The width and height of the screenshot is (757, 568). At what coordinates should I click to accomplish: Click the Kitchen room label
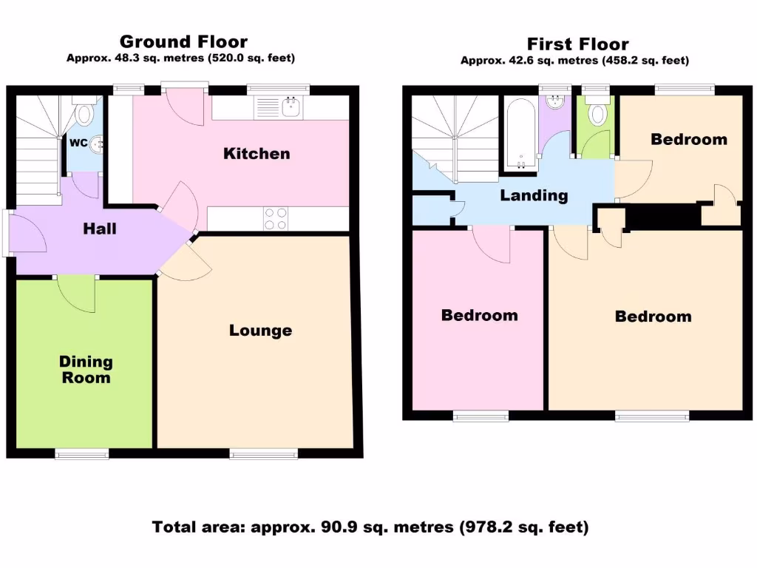257,154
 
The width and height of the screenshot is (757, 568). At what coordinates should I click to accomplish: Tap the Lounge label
260,330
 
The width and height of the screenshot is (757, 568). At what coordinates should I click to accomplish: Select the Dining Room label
86,370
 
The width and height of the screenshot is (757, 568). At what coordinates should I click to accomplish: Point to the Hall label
99,229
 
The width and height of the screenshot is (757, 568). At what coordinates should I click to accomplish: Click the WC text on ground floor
78,143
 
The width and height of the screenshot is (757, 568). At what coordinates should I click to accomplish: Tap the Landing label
534,196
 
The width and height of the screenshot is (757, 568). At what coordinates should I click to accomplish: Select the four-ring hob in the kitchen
276,218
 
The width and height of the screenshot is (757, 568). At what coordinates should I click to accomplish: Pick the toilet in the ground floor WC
86,115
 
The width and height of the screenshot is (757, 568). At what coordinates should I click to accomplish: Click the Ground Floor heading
183,41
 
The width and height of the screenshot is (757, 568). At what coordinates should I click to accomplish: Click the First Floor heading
577,44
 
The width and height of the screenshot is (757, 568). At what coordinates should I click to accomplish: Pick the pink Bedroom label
479,315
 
